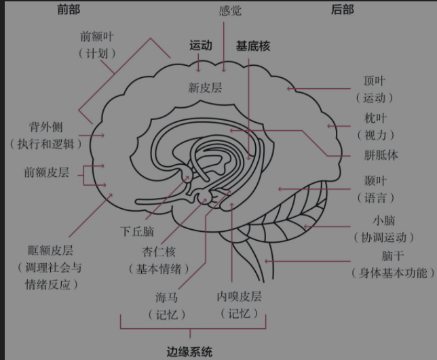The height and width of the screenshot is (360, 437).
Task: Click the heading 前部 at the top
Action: (69, 9)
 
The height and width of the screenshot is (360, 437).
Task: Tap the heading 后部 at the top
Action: (343, 9)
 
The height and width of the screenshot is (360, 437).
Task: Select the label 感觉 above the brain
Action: (230, 11)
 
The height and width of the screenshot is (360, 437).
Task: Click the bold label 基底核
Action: (253, 46)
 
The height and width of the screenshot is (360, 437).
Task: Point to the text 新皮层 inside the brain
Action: (205, 87)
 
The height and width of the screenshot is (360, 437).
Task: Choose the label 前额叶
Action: (97, 37)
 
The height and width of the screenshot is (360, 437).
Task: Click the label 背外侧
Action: (46, 127)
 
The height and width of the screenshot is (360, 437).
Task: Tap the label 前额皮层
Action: (47, 172)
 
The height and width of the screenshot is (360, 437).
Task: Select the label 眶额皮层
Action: (50, 250)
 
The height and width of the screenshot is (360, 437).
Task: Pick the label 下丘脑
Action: (137, 231)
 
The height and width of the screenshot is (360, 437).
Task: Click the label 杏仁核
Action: (159, 252)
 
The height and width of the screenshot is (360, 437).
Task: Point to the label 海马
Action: (166, 298)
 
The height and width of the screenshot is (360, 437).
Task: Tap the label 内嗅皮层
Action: (239, 296)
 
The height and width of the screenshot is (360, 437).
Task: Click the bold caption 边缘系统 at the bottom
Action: (189, 352)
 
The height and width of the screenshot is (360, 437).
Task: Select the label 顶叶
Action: (375, 81)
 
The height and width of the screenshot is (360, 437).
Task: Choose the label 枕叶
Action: (375, 119)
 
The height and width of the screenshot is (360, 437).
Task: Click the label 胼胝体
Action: (381, 155)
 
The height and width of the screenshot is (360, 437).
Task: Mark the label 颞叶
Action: (375, 181)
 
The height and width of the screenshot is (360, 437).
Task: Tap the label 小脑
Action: (384, 220)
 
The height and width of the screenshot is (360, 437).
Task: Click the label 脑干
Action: (393, 256)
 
